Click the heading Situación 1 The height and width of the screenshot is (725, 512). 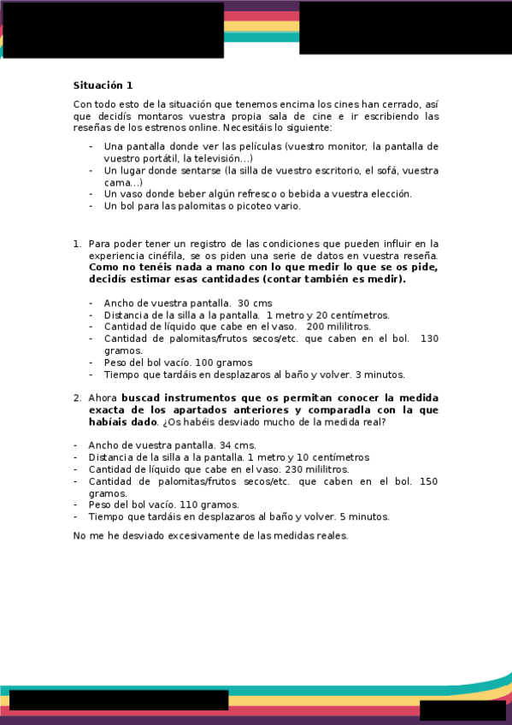click(x=103, y=85)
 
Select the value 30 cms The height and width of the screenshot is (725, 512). click(x=255, y=304)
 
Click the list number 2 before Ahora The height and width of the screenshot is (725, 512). click(x=77, y=398)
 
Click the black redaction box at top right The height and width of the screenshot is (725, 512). click(x=405, y=28)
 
